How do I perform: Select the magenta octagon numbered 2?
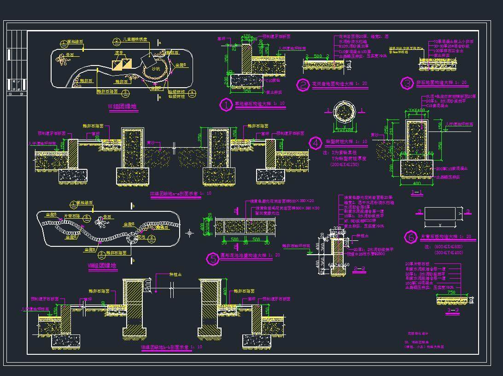coord(303,85)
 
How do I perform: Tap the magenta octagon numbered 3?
coord(407,84)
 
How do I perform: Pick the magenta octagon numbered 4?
coord(315,143)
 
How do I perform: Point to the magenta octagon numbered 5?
coord(212,259)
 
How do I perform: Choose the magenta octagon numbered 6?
coord(409,237)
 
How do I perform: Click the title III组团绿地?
coord(122,107)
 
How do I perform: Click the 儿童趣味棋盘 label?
coord(134,40)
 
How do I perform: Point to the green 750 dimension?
coord(451,292)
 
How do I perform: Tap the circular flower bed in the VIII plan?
coord(133,238)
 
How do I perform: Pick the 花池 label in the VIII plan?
coord(142,237)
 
